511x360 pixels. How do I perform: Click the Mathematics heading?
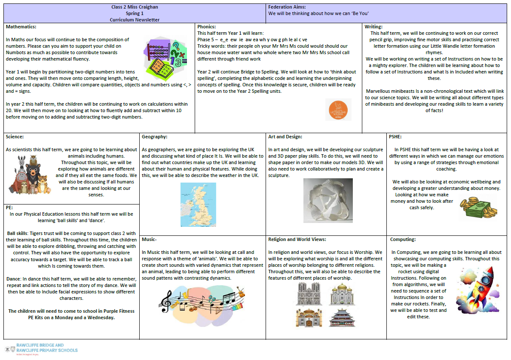pyautogui.click(x=24, y=27)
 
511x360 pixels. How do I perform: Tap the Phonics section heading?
pyautogui.click(x=207, y=27)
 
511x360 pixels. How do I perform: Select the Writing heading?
pyautogui.click(x=373, y=27)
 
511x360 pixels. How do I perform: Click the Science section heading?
pyautogui.click(x=15, y=137)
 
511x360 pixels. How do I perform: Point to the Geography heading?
pyautogui.click(x=155, y=137)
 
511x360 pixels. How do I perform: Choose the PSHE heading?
pyautogui.click(x=396, y=137)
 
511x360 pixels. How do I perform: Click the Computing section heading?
pyautogui.click(x=403, y=239)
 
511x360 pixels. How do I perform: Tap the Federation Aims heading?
pyautogui.click(x=287, y=7)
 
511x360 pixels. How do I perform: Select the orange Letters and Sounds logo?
pyautogui.click(x=338, y=110)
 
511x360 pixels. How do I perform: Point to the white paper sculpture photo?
pyautogui.click(x=328, y=200)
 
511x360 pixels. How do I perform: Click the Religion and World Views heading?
pyautogui.click(x=297, y=239)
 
